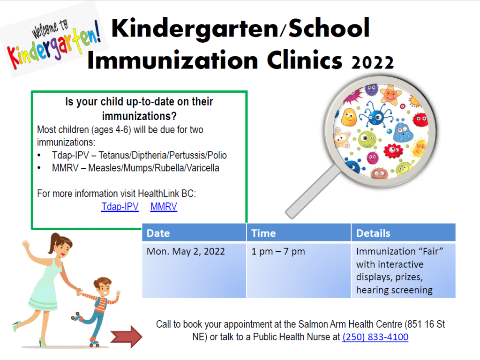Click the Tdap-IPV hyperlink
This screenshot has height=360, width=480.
(x=120, y=207)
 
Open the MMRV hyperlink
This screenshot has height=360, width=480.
(x=164, y=207)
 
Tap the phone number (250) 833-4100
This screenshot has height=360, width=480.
(x=375, y=337)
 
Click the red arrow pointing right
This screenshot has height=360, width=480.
(x=127, y=337)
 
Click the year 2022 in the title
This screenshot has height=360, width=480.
(x=372, y=62)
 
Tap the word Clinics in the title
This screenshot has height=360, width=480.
(x=304, y=60)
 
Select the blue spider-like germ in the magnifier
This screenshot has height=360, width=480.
(x=376, y=115)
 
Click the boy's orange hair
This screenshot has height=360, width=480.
(x=102, y=282)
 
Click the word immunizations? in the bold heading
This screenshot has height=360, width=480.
(x=139, y=116)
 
